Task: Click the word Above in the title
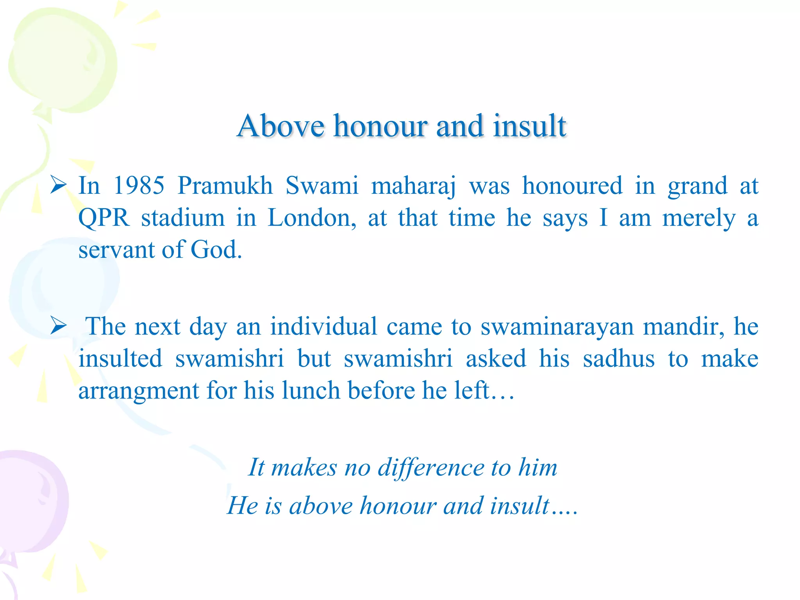tap(280, 126)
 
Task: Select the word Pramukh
tap(225, 186)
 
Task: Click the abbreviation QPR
tap(104, 218)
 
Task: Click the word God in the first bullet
tap(216, 250)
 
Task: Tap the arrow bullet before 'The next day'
tap(59, 326)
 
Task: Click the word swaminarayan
tap(557, 327)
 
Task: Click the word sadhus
tap(618, 359)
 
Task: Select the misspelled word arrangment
tap(139, 391)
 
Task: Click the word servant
tap(116, 250)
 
